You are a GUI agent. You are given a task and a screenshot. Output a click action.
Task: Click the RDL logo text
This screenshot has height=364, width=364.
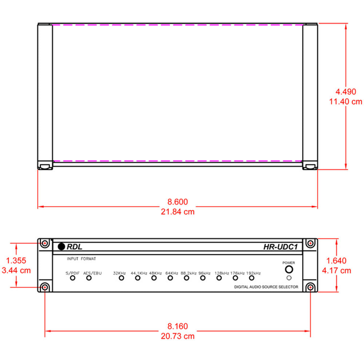coord(74,247)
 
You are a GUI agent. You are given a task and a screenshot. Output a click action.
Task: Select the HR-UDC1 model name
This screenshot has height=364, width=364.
coord(280,247)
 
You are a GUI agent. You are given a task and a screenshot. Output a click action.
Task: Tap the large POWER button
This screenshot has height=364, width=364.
coord(289,269)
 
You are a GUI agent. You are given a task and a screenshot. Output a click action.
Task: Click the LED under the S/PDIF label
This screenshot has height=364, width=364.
coord(73,278)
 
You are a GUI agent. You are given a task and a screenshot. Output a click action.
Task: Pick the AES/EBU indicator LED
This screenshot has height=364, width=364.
coord(89,278)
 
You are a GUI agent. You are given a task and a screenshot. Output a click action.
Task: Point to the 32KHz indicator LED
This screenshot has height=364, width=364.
coord(122,278)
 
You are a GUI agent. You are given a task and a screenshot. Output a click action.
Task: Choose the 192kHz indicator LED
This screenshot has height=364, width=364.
coord(252,278)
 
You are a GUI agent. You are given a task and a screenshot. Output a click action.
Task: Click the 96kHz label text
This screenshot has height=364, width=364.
coord(205,273)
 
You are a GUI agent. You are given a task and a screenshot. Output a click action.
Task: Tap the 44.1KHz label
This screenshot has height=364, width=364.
coord(139,273)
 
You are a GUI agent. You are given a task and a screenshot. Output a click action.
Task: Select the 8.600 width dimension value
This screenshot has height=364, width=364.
coord(178,202)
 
